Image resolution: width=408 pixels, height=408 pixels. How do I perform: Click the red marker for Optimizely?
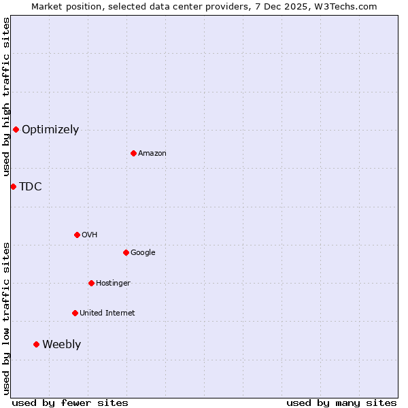(16, 129)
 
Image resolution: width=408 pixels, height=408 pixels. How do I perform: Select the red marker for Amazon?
(133, 153)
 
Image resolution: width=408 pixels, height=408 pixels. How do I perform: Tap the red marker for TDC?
(13, 186)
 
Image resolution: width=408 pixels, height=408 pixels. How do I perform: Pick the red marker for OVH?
(77, 235)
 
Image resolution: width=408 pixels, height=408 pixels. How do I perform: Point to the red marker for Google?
(126, 252)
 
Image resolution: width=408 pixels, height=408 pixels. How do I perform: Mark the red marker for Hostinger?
(91, 283)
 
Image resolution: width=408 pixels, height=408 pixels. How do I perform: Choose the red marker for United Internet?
(75, 313)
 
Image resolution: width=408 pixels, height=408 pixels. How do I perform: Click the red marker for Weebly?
(36, 344)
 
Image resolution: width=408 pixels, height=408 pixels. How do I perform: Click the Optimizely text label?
(50, 129)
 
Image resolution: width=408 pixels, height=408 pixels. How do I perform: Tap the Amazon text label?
(152, 153)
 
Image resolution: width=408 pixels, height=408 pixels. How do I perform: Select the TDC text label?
(31, 186)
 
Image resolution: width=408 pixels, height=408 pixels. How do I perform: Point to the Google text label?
(143, 252)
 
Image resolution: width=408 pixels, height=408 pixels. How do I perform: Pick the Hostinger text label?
(113, 283)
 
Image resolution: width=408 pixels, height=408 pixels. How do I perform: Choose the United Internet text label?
(107, 313)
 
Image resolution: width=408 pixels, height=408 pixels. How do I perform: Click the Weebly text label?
(61, 344)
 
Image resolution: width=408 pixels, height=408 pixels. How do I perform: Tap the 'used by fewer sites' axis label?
(70, 403)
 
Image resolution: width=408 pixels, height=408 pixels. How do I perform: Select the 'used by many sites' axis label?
(341, 403)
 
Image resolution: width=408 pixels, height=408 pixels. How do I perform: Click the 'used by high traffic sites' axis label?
(6, 97)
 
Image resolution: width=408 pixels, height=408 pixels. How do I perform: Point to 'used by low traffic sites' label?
(6, 318)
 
